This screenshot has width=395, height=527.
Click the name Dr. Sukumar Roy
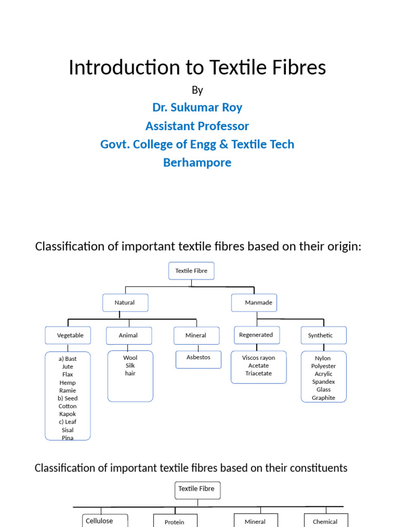197,108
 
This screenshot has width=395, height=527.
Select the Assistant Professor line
197,126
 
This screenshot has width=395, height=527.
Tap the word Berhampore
197,163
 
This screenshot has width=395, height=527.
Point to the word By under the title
197,90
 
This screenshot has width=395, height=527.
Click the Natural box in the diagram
125,303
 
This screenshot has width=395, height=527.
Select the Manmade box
254,303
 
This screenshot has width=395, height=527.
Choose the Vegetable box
68,335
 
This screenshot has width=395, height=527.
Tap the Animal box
129,335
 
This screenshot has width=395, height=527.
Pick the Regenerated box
256,335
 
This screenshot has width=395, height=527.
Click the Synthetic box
323,335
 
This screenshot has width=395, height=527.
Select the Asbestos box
199,358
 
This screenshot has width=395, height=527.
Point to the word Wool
130,358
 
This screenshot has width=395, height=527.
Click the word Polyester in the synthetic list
324,366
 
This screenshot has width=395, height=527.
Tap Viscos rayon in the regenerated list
259,358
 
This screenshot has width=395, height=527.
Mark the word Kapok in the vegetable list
67,414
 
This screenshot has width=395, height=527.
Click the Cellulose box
100,521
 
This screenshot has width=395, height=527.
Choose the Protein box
174,521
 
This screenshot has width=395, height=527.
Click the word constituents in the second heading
315,468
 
